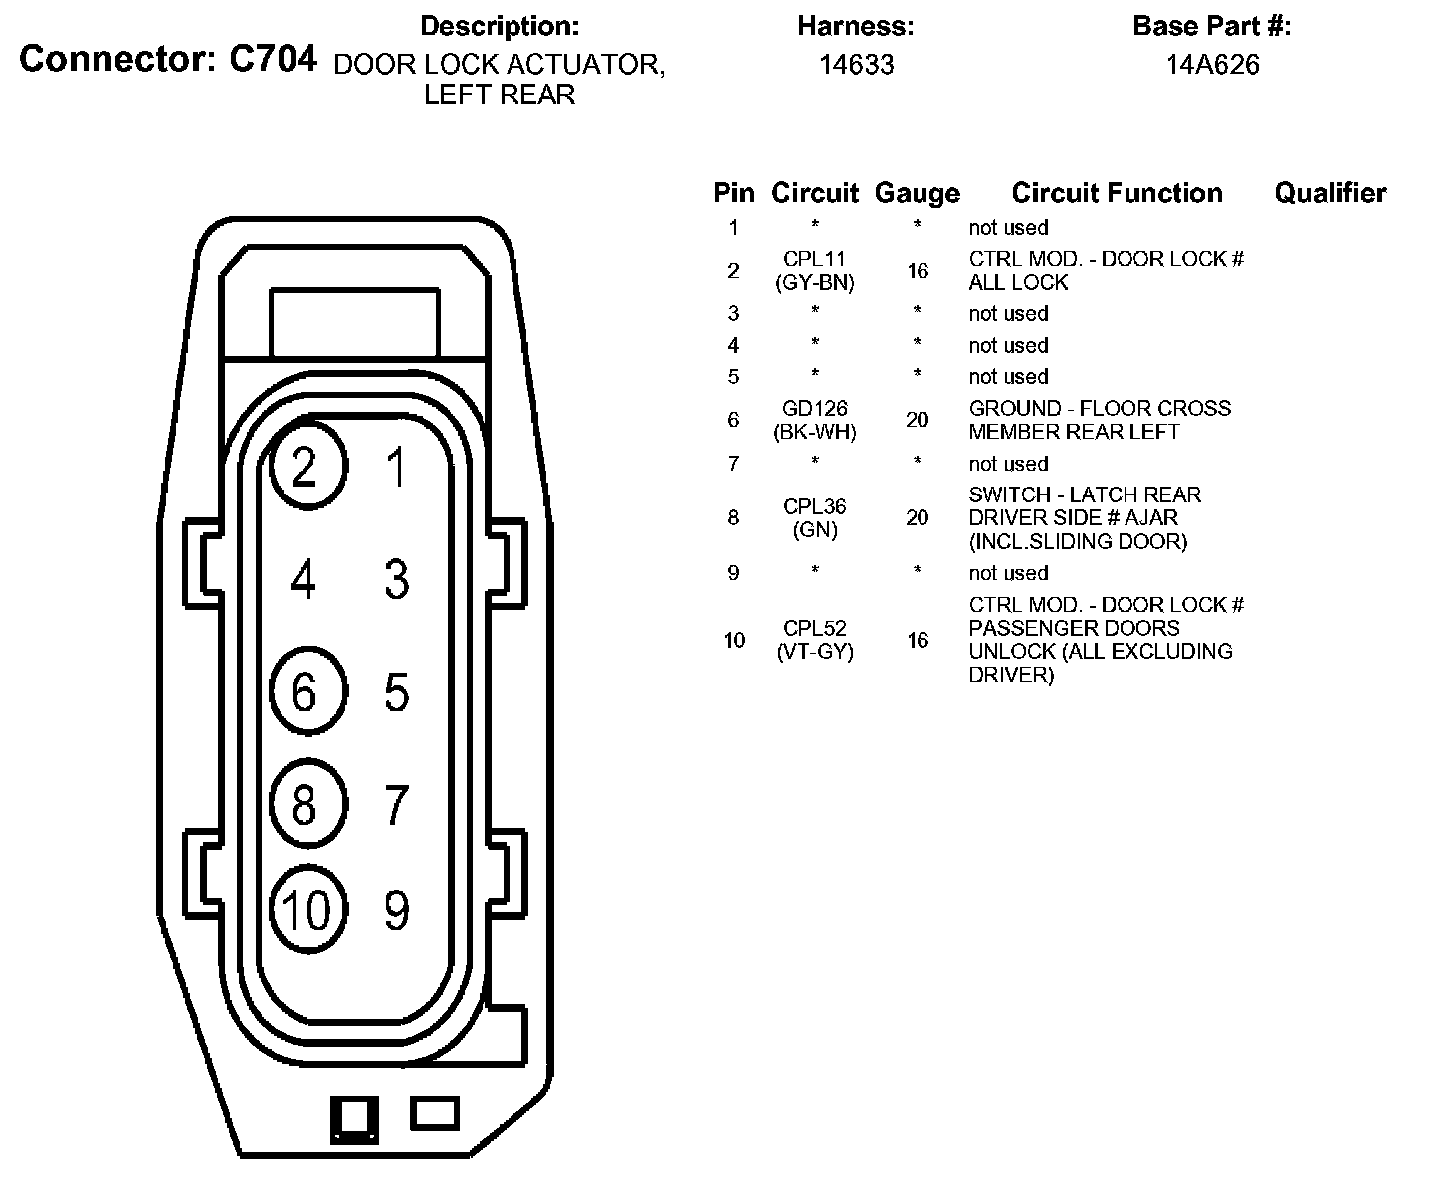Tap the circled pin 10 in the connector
[x=309, y=907]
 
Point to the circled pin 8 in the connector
[x=308, y=804]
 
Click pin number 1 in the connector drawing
[x=396, y=468]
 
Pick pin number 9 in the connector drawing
[x=396, y=909]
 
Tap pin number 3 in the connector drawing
[x=396, y=579]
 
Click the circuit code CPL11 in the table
[x=814, y=259]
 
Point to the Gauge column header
[x=917, y=193]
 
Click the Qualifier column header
[x=1330, y=193]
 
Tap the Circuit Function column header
[x=1117, y=193]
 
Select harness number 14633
[x=856, y=65]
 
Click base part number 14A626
[x=1212, y=65]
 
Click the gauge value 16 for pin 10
[x=918, y=640]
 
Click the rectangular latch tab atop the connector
[x=354, y=321]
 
